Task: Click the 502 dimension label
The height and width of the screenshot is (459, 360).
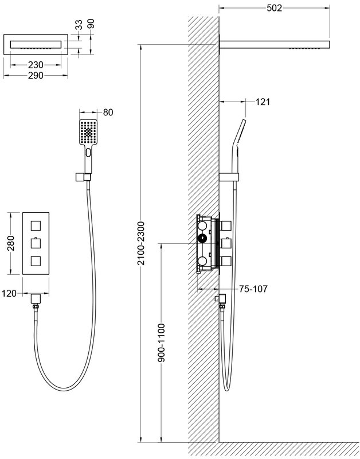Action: pyautogui.click(x=274, y=8)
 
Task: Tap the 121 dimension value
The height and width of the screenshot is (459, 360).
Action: pyautogui.click(x=263, y=102)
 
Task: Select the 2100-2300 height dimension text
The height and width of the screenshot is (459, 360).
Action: pyautogui.click(x=141, y=243)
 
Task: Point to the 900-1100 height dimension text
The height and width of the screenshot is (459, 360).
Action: pyautogui.click(x=162, y=343)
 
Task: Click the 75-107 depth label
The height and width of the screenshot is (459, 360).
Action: pyautogui.click(x=253, y=289)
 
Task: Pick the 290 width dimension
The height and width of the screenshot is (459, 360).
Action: pyautogui.click(x=36, y=76)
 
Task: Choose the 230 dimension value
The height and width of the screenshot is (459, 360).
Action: pyautogui.click(x=36, y=65)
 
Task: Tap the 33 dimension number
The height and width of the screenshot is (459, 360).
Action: pyautogui.click(x=79, y=25)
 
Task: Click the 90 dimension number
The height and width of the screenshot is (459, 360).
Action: pyautogui.click(x=91, y=24)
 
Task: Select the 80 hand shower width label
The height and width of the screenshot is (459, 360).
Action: pyautogui.click(x=108, y=112)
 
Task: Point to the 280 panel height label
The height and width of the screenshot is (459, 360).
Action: pyautogui.click(x=11, y=243)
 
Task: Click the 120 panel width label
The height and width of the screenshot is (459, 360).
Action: pyautogui.click(x=9, y=293)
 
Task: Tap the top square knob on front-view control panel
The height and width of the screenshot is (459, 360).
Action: pyautogui.click(x=36, y=226)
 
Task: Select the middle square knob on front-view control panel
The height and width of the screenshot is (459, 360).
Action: pyautogui.click(x=36, y=243)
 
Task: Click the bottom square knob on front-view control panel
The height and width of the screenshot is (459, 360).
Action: pyautogui.click(x=36, y=260)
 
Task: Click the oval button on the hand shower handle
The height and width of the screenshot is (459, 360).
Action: pyautogui.click(x=88, y=152)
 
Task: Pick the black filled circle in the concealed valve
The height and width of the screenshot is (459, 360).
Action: pyautogui.click(x=202, y=239)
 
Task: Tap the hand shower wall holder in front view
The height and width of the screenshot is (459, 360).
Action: pyautogui.click(x=83, y=177)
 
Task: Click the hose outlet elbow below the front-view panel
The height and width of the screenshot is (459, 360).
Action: pyautogui.click(x=36, y=298)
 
